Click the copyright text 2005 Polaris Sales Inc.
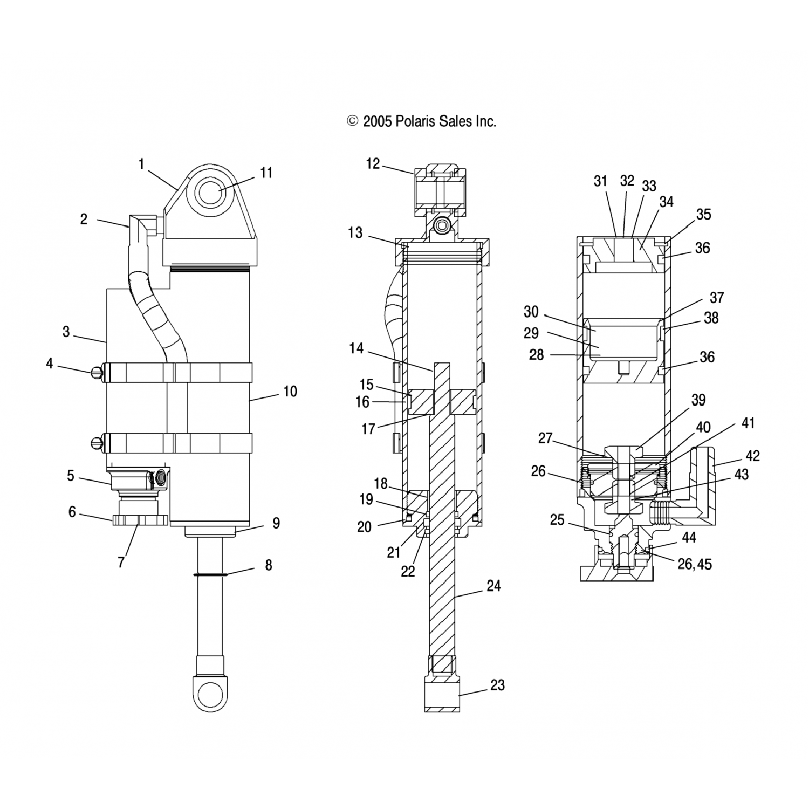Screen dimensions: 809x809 pos(421,121)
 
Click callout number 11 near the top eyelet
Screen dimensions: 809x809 pos(266,173)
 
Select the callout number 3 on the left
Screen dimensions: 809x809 pos(66,332)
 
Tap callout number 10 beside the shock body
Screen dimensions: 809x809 pos(290,392)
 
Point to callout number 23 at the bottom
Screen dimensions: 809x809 pos(497,685)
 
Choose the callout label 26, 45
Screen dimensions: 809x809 pos(695,564)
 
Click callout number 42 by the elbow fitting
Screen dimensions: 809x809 pos(752,456)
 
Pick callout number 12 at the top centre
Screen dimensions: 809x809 pos(373,163)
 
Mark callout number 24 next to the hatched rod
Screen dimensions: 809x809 pos(493,586)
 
